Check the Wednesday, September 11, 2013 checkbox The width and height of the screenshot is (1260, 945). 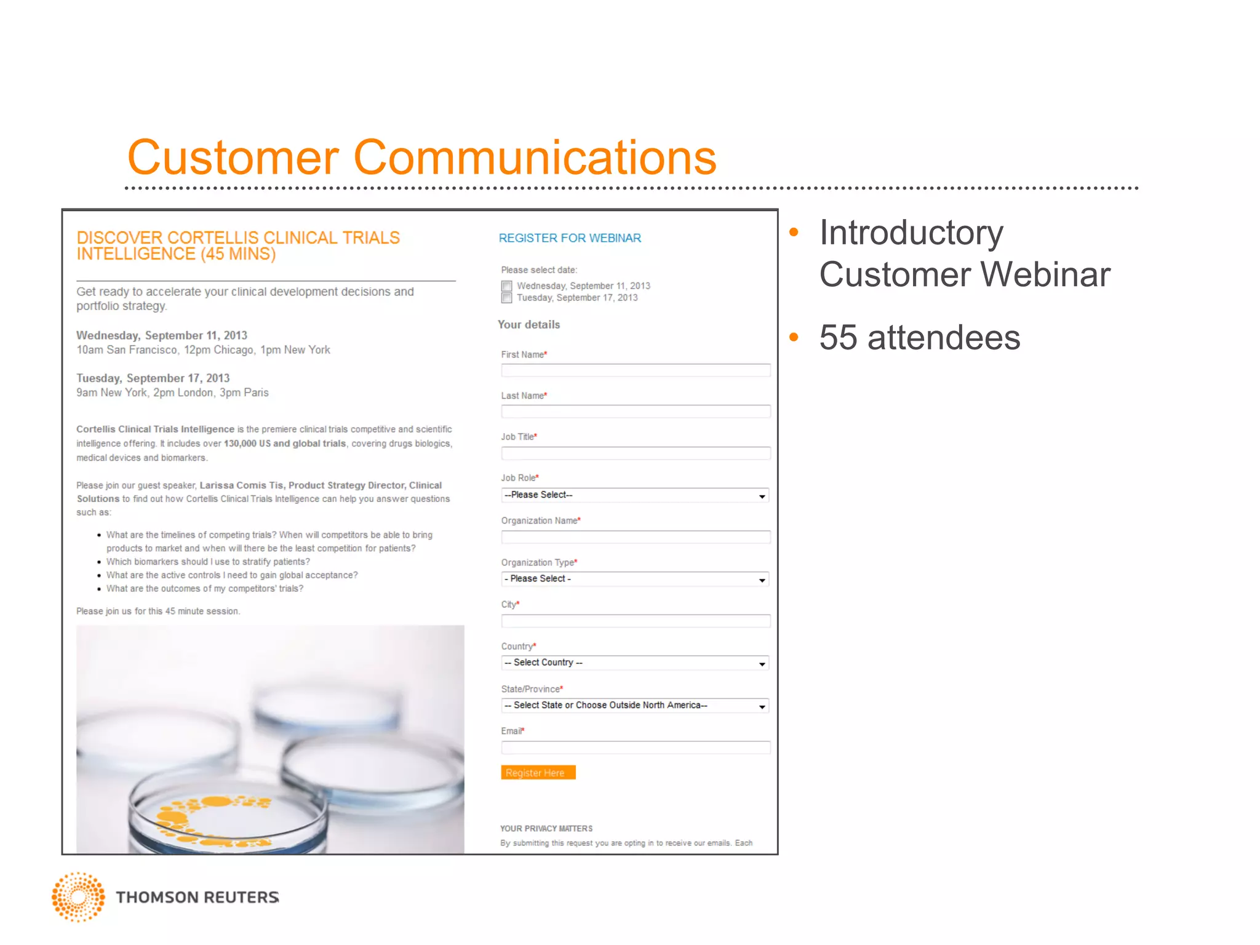(x=506, y=286)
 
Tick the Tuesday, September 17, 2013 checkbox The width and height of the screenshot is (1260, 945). (x=506, y=298)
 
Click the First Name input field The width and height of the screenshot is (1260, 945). (x=635, y=370)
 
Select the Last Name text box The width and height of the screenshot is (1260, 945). (x=635, y=412)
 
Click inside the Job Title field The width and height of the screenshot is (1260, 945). (x=635, y=453)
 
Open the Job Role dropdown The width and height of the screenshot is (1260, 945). (x=635, y=495)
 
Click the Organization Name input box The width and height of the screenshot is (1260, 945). (x=635, y=537)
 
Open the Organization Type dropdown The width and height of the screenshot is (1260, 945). (x=635, y=579)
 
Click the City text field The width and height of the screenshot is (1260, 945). (x=635, y=621)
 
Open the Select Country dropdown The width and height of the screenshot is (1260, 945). (x=635, y=663)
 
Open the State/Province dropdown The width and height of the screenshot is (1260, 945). (x=635, y=706)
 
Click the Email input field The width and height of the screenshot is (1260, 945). (x=635, y=748)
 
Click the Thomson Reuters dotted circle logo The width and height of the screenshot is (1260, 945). (x=78, y=896)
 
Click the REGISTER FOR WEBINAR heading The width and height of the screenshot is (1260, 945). (x=570, y=238)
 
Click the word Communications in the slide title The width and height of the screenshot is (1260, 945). (x=535, y=157)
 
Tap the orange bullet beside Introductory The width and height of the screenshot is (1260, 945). (x=794, y=233)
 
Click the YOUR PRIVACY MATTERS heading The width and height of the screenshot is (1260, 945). (x=546, y=829)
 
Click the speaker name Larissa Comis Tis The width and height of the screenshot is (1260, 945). (x=241, y=485)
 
